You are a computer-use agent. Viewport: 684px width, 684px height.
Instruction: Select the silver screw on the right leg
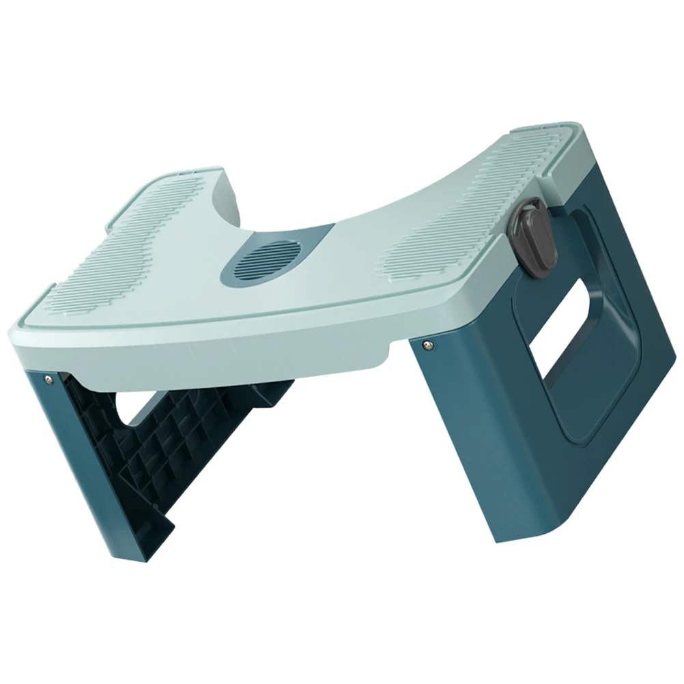(427, 343)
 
